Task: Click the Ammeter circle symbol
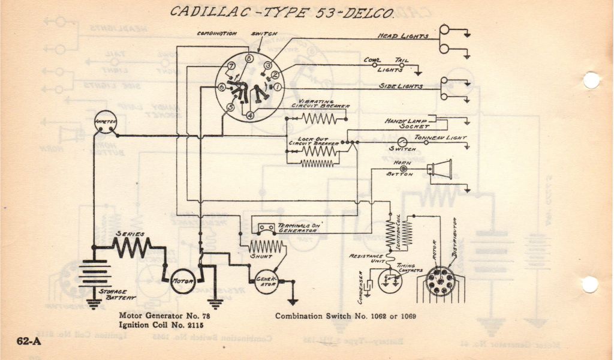click(x=105, y=123)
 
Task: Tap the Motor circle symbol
click(x=183, y=281)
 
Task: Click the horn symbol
click(x=440, y=169)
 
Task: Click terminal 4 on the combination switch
click(x=249, y=115)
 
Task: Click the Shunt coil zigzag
click(x=265, y=246)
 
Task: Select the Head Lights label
click(x=402, y=36)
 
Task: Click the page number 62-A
click(x=28, y=341)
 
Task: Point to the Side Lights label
click(x=401, y=86)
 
